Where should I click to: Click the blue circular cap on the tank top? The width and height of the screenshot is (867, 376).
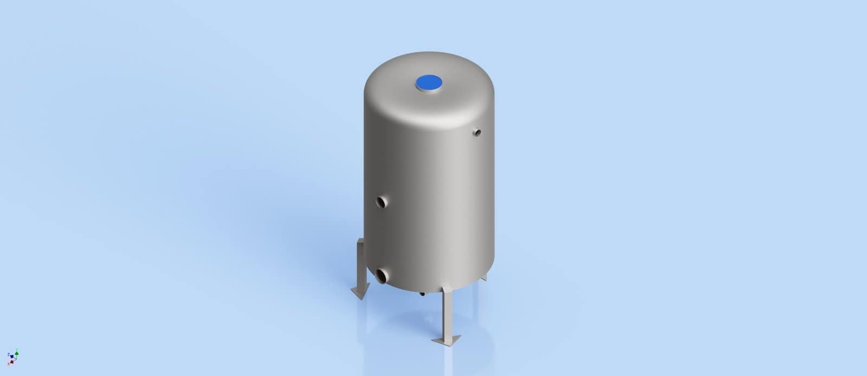tap(429, 82)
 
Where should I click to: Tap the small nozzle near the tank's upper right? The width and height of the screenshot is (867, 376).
tap(477, 131)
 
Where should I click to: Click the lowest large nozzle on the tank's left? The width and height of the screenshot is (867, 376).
tap(382, 275)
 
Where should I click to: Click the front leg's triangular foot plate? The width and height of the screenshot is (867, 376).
tap(447, 340)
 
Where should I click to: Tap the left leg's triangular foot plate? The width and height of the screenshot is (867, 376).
tap(359, 293)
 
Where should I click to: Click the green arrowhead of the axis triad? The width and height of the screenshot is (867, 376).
tap(17, 354)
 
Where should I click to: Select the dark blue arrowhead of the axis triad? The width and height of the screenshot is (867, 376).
tap(12, 356)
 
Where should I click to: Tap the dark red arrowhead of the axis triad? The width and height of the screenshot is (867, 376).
tap(12, 362)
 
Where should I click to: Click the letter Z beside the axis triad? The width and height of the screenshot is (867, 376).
tap(9, 354)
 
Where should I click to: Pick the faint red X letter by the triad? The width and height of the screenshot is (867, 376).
tap(9, 364)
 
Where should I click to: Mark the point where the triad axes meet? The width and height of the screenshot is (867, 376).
tap(16, 359)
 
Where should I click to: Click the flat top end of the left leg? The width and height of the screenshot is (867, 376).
tap(361, 243)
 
